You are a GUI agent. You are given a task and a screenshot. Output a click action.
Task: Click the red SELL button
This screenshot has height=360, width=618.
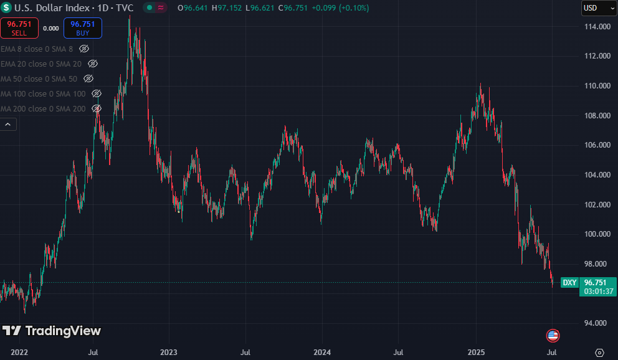(x=19, y=28)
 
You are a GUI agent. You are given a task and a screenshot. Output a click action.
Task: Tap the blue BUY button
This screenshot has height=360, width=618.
(x=83, y=28)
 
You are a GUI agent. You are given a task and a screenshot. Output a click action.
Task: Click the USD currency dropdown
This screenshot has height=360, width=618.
(x=599, y=8)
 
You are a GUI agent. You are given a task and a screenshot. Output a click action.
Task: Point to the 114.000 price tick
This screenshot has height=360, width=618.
(x=597, y=27)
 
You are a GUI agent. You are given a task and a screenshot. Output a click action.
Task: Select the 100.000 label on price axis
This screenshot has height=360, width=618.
(x=597, y=234)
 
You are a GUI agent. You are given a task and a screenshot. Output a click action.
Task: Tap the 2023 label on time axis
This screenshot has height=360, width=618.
(x=169, y=352)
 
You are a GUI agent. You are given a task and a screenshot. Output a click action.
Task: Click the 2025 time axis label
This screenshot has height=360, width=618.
(x=476, y=352)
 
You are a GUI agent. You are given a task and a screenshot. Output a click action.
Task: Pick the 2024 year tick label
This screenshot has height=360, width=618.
(x=322, y=352)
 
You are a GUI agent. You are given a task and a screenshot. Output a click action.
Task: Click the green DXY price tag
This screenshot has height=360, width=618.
(x=569, y=282)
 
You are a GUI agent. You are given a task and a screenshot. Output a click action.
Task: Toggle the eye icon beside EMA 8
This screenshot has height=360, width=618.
(x=84, y=49)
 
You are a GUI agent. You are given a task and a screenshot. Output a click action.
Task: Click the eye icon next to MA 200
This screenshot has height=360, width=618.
(x=97, y=109)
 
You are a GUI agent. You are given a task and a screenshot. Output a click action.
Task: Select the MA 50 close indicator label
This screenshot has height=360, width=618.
(x=39, y=78)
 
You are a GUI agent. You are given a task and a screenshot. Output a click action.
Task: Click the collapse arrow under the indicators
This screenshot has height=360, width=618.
(x=8, y=125)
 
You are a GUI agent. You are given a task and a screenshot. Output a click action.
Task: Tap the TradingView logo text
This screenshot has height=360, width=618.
(x=63, y=331)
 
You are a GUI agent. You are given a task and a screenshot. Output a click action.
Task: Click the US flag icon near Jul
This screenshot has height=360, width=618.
(x=553, y=336)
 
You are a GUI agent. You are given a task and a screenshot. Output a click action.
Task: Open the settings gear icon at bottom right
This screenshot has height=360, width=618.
(x=599, y=353)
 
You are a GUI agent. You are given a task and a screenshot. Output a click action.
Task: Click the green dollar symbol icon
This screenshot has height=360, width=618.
(x=6, y=7)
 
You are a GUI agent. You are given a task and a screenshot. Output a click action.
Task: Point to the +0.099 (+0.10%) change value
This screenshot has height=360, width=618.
(x=340, y=8)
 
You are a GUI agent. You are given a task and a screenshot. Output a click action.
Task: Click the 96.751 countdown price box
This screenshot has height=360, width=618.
(x=598, y=287)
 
